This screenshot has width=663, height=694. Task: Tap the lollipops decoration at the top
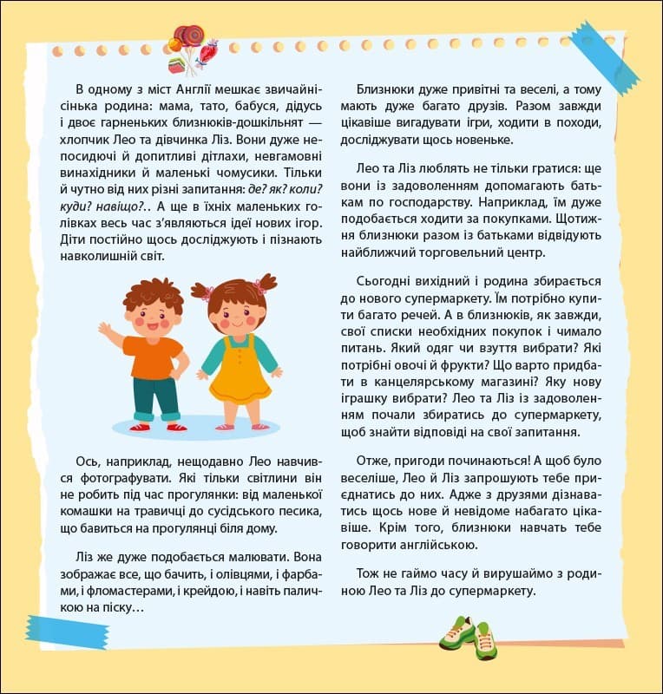coord(189,47)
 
